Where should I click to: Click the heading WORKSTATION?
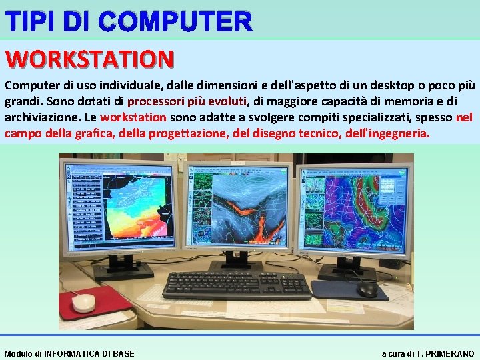[90, 59]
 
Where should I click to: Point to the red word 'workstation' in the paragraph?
[133, 117]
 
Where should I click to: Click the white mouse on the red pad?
[84, 303]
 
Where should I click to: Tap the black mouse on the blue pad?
[367, 289]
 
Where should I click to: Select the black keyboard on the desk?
[237, 285]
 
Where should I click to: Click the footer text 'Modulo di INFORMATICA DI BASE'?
[69, 353]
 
